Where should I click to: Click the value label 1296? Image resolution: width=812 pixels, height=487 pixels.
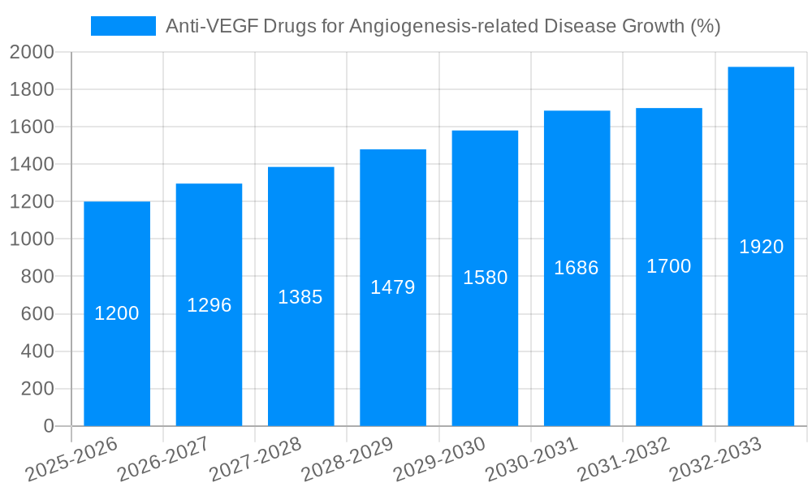click(209, 305)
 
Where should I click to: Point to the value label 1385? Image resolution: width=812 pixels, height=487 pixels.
click(300, 297)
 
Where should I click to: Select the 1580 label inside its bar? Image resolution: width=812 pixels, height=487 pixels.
click(485, 278)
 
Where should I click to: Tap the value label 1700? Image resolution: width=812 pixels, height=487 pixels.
click(668, 266)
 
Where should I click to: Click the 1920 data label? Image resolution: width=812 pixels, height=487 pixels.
click(761, 247)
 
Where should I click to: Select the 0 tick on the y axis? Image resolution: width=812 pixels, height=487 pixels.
click(48, 426)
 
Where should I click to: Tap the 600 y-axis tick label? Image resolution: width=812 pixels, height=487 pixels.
click(37, 314)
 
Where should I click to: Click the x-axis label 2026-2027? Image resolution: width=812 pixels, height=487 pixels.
click(163, 459)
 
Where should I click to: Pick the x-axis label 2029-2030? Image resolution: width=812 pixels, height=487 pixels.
click(439, 459)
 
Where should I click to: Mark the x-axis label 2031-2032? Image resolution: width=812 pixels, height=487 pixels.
click(624, 459)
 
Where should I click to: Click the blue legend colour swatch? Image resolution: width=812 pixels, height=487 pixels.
click(123, 26)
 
